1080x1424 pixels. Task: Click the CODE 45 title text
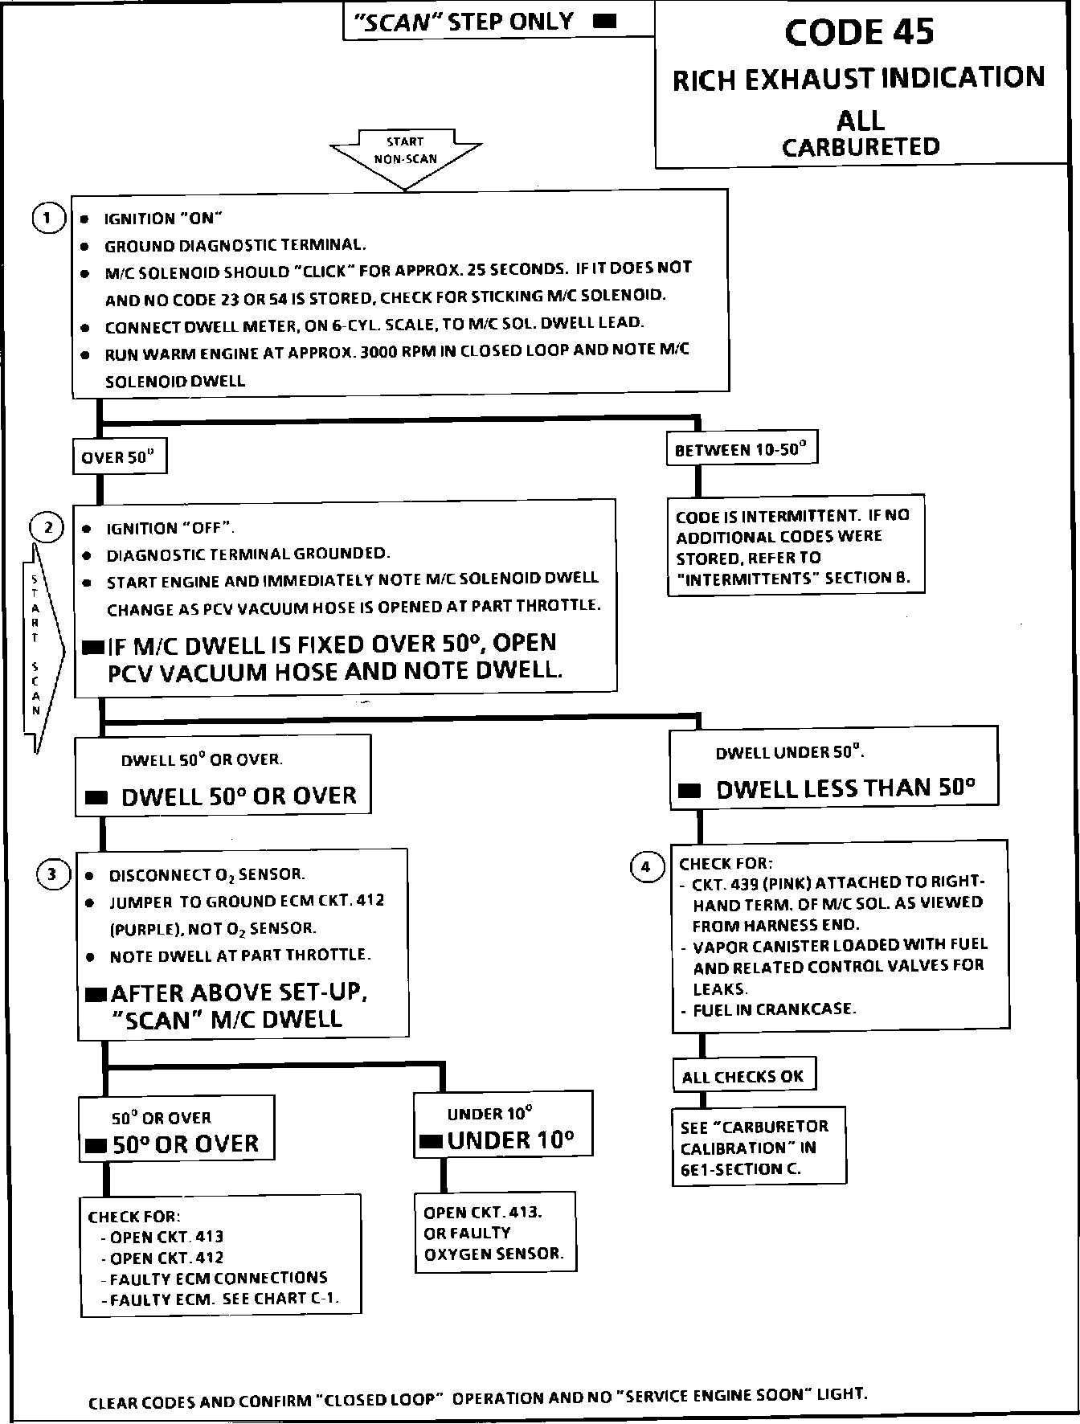pyautogui.click(x=859, y=32)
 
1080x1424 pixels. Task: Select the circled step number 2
pyautogui.click(x=47, y=527)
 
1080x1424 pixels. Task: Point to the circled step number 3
pyautogui.click(x=52, y=874)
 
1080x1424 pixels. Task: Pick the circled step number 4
pyautogui.click(x=647, y=867)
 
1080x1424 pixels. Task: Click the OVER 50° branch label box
pyautogui.click(x=120, y=458)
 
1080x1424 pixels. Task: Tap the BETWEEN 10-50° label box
pyautogui.click(x=741, y=450)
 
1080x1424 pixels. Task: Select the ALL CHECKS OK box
pyautogui.click(x=743, y=1077)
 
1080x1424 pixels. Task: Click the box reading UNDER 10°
pyautogui.click(x=503, y=1124)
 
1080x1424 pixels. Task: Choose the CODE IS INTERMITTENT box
pyautogui.click(x=795, y=546)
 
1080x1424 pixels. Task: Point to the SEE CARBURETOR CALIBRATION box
pyautogui.click(x=759, y=1148)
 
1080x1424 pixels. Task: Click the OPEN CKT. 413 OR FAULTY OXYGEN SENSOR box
pyautogui.click(x=495, y=1232)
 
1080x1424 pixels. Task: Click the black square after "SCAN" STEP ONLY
pyautogui.click(x=604, y=22)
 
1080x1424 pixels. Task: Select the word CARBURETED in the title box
pyautogui.click(x=861, y=147)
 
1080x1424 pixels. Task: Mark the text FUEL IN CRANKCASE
pyautogui.click(x=774, y=1009)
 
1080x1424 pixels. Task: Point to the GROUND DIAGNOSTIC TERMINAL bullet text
pyautogui.click(x=235, y=245)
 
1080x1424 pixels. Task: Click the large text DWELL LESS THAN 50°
pyautogui.click(x=845, y=788)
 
